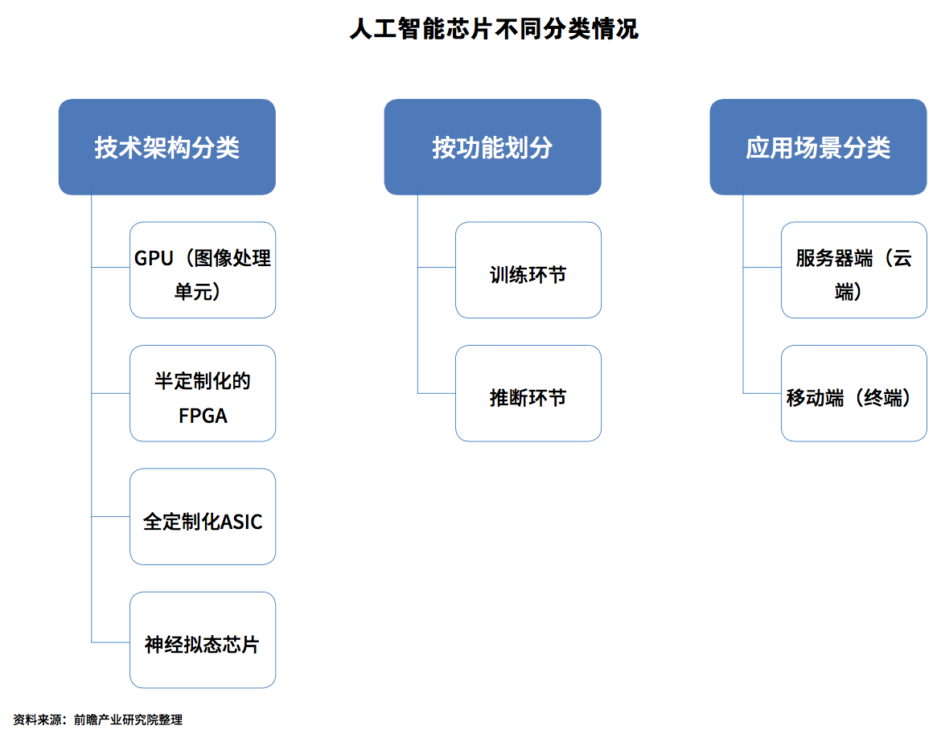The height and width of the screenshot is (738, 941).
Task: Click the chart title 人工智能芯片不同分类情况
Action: coord(494,29)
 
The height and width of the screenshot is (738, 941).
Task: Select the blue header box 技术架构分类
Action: coord(166,147)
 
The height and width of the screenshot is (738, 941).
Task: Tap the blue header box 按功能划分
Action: coord(493,147)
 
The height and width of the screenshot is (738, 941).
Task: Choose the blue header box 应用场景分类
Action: coord(818,147)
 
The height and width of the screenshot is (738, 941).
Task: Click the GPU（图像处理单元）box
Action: coord(203,270)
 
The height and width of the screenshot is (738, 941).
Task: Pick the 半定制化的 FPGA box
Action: coord(203,393)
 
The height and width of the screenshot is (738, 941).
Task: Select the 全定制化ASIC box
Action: coord(203,517)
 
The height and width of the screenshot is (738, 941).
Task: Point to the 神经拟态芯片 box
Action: coord(203,640)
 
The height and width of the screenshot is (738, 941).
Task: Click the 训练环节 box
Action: coord(528,270)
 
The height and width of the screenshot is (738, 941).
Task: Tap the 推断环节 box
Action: coord(528,393)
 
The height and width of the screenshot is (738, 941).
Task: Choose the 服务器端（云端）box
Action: coord(854,270)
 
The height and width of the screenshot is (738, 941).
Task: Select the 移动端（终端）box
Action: coord(854,393)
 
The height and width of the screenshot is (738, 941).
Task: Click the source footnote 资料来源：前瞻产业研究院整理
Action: coord(98,720)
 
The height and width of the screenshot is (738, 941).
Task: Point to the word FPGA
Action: coord(203,416)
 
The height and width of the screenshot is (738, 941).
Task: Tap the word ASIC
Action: coord(241,522)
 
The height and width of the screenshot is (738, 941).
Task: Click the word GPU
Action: coord(154,259)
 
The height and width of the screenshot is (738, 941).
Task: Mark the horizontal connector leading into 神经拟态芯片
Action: coord(110,642)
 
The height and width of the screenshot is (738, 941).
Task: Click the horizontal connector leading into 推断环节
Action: coord(436,394)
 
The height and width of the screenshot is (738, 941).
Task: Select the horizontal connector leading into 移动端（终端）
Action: coord(762,394)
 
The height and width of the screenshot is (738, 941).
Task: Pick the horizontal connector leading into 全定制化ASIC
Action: coord(110,516)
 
